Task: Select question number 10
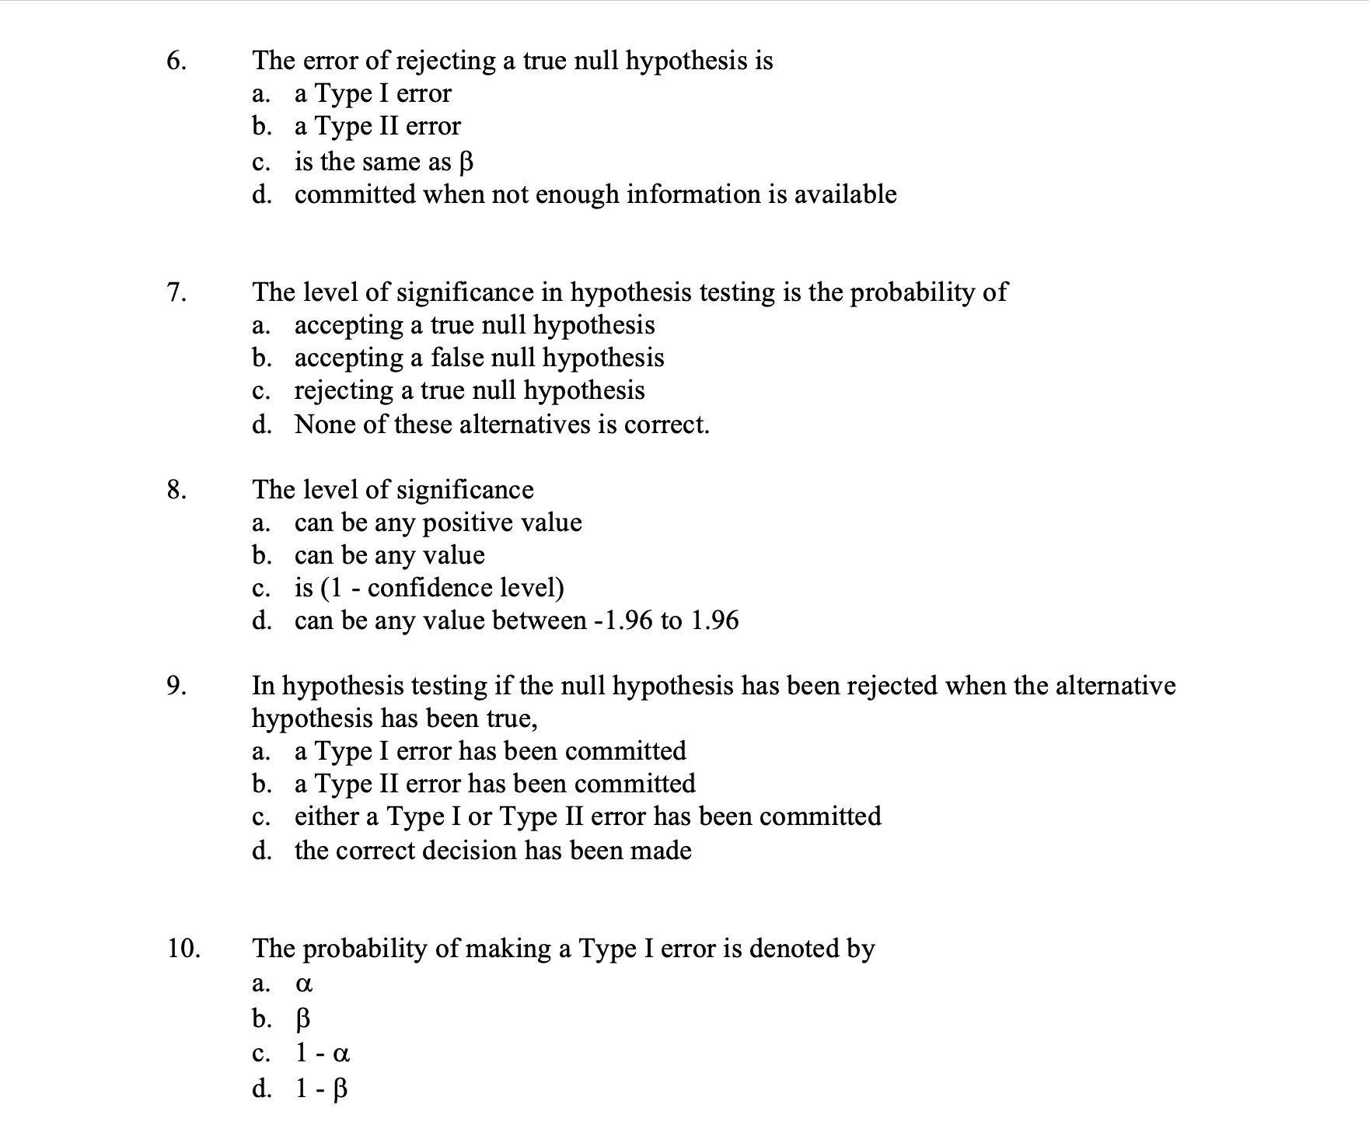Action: pos(183,949)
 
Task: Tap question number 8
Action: pos(176,490)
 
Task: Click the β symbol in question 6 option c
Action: pos(466,162)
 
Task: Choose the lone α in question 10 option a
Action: pos(304,984)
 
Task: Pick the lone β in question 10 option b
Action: pos(304,1019)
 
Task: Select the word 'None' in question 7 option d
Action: pos(324,425)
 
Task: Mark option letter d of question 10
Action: pos(262,1089)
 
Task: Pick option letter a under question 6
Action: pos(260,94)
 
